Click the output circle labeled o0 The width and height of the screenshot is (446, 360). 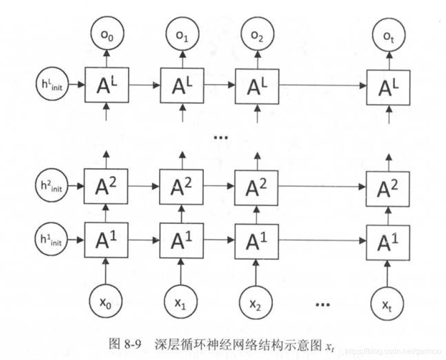pos(106,35)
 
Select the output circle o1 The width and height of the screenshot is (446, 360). pos(182,35)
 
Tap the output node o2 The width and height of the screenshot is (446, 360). pos(256,35)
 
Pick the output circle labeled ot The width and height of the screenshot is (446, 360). pos(388,35)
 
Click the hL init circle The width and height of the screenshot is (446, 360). pos(52,85)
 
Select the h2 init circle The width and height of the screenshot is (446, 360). pos(52,185)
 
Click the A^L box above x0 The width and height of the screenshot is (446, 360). pos(106,85)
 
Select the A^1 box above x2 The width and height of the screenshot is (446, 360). pos(256,240)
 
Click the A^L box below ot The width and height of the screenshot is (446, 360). pos(388,86)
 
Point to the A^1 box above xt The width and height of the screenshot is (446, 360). pos(388,241)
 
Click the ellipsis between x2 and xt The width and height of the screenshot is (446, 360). pos(322,304)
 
